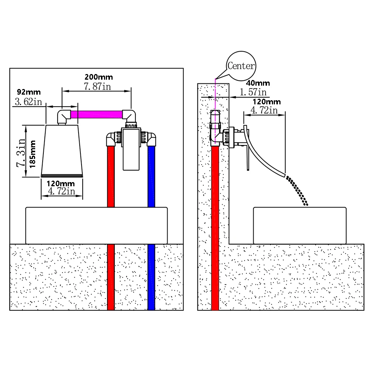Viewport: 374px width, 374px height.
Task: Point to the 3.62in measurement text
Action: [x=28, y=102]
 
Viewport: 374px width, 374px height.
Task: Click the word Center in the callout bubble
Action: [x=241, y=66]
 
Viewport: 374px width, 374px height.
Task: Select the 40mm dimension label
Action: [x=258, y=83]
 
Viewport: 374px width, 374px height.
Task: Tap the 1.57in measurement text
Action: [x=253, y=92]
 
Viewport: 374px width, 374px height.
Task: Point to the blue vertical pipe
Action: [x=151, y=224]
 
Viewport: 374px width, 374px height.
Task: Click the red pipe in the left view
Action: [x=111, y=224]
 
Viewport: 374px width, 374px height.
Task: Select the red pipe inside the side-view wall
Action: [x=215, y=224]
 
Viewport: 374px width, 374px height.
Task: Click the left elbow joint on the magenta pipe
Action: [x=63, y=116]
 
